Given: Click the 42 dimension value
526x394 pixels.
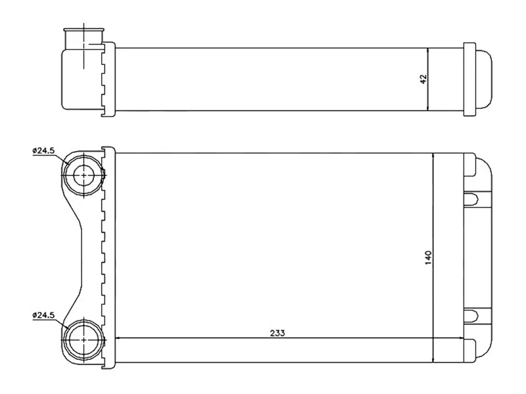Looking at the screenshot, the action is [x=423, y=79].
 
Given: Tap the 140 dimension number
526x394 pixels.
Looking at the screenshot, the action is [x=429, y=257].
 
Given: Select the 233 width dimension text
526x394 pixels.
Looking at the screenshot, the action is [x=277, y=333].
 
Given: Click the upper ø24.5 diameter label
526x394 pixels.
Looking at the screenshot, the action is [x=43, y=150].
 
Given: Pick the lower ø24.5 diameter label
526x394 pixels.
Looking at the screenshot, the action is [x=43, y=315].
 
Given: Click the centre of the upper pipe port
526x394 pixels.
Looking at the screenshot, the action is [x=83, y=175].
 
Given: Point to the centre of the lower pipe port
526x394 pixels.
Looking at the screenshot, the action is [x=83, y=339].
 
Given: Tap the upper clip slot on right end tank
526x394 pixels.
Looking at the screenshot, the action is [x=471, y=198].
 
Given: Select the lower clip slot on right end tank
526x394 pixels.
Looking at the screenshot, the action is [x=471, y=315].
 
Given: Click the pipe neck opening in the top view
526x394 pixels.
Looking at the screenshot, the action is [x=84, y=39].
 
